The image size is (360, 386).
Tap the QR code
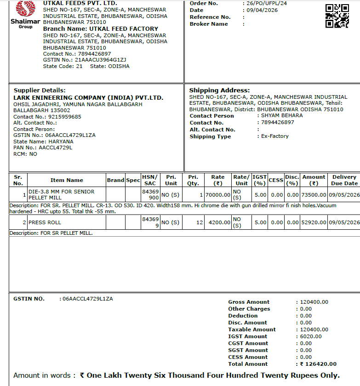[337, 16]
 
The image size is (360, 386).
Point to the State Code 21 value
[80, 66]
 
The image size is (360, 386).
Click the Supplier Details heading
[40, 91]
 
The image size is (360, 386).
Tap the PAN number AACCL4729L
[55, 148]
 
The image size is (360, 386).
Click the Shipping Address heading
[219, 91]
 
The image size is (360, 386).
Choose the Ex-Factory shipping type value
[274, 136]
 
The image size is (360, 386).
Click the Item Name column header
[67, 180]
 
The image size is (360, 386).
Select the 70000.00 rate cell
[217, 195]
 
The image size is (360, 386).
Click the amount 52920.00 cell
[313, 222]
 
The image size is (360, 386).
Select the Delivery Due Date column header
[344, 180]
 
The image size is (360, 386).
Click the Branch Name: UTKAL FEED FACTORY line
[100, 28]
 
